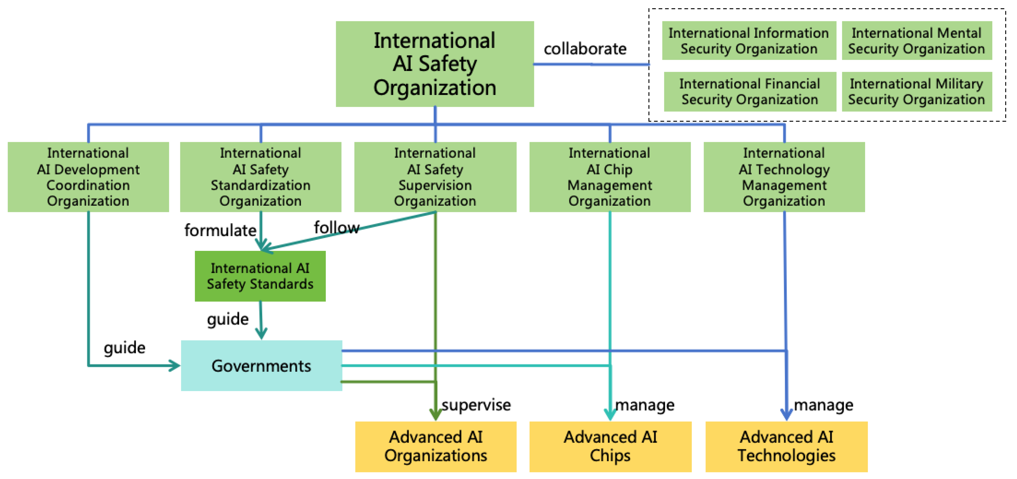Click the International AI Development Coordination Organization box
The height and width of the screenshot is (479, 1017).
click(x=88, y=177)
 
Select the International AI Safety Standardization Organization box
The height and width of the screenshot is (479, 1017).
click(x=261, y=177)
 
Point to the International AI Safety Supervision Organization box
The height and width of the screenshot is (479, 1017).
click(x=435, y=177)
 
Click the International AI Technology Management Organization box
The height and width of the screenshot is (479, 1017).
click(x=784, y=177)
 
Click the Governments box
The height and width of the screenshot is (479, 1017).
click(x=261, y=366)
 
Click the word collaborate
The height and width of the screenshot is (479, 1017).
click(x=585, y=49)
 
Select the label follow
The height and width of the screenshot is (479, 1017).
click(x=336, y=228)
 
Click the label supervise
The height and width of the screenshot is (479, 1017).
click(x=476, y=405)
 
